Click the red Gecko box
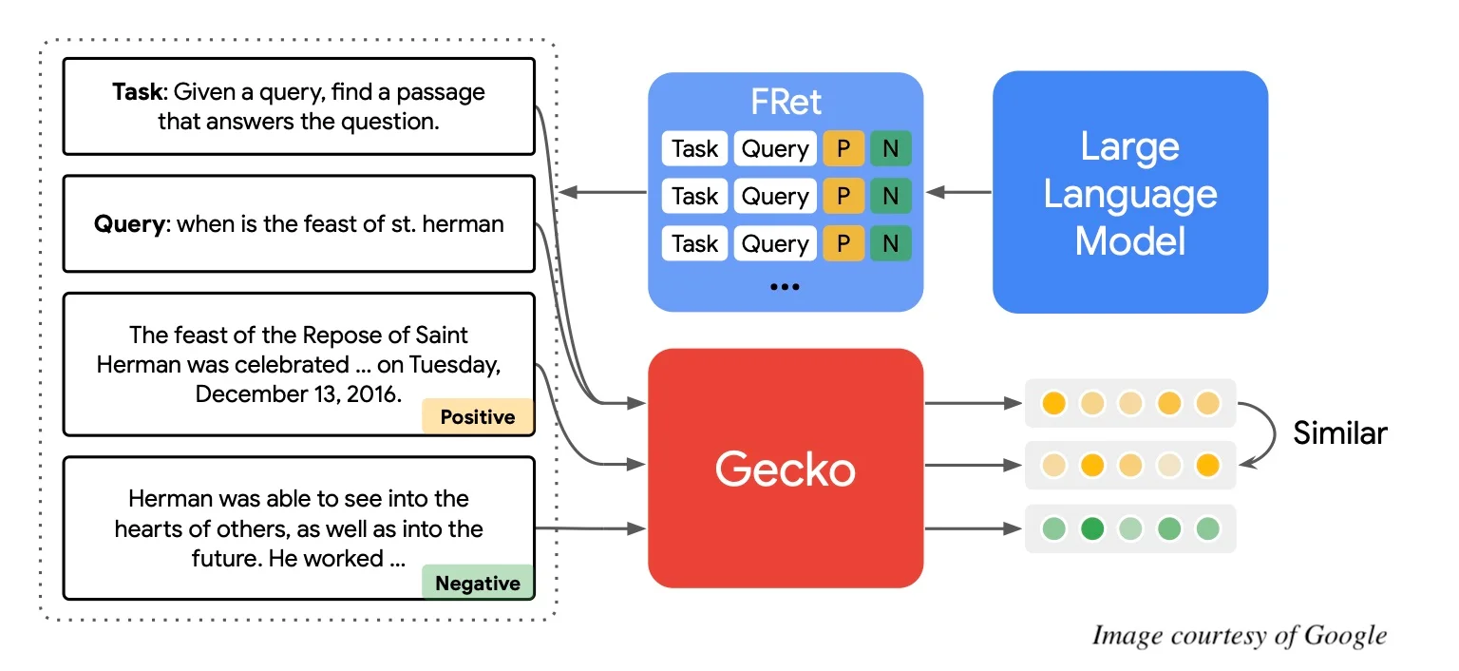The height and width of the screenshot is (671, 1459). pos(786,468)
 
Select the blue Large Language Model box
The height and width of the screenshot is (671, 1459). pos(1130,193)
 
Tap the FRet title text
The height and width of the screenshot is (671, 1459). pos(786,102)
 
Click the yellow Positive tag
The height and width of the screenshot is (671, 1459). pos(478,417)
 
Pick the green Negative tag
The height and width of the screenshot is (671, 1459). pos(478,583)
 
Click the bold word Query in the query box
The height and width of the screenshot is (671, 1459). pos(129,224)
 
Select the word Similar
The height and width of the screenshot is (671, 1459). pos(1339,433)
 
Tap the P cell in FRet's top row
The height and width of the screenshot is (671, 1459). pos(843,149)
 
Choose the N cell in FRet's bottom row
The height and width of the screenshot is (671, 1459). pos(890,243)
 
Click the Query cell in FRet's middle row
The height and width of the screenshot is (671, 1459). pos(775,196)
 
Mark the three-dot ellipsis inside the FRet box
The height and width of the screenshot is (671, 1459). pos(785,285)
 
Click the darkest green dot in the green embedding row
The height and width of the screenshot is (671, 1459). pos(1092,527)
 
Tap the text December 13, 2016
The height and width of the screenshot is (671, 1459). pos(297,393)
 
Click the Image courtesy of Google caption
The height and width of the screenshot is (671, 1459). pos(1239,635)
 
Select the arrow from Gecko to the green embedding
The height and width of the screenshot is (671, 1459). pos(973,527)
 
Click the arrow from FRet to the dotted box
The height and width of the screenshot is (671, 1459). pos(602,193)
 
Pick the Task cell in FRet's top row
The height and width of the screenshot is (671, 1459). pos(694,149)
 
